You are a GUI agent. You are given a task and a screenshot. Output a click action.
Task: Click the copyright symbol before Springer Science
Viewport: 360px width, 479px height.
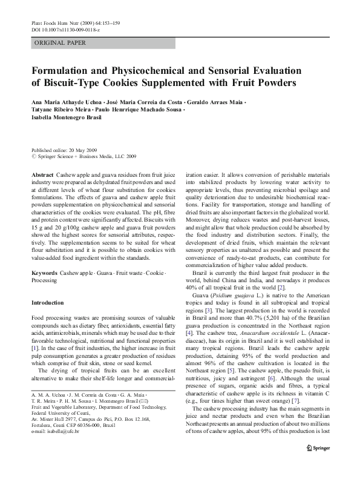33,157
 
